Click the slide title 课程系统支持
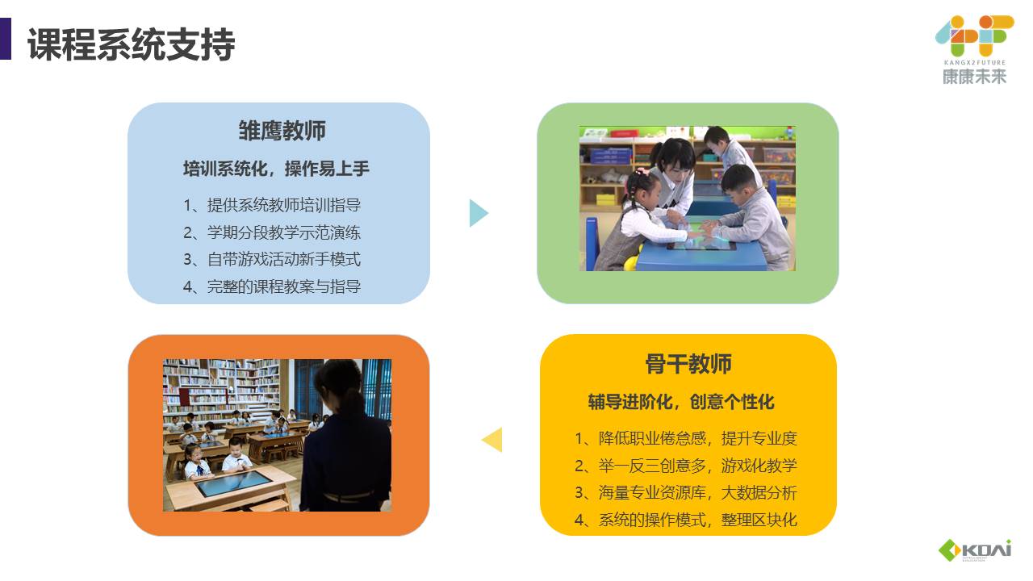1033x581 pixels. (x=132, y=44)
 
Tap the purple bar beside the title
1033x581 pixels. (x=5, y=39)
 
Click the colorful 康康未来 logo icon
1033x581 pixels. (x=974, y=36)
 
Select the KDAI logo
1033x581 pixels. (x=975, y=550)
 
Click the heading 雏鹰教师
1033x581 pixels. (x=282, y=131)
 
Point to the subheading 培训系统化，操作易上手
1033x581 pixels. (x=276, y=169)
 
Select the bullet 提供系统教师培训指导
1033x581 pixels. (x=272, y=205)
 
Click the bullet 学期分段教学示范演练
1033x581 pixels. (x=272, y=232)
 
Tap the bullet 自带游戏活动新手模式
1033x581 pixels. (x=272, y=259)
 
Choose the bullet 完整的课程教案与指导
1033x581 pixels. (x=272, y=286)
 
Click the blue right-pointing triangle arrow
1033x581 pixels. (x=479, y=213)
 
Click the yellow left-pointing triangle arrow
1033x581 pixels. (x=492, y=440)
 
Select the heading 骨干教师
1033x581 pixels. (x=688, y=364)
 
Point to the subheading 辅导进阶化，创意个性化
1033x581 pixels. (x=681, y=402)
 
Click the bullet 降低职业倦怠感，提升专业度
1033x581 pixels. (x=686, y=438)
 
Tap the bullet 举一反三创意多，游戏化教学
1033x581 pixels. (x=686, y=466)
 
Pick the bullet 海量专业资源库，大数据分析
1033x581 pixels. (x=686, y=493)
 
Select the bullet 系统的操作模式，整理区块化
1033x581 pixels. (x=686, y=520)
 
